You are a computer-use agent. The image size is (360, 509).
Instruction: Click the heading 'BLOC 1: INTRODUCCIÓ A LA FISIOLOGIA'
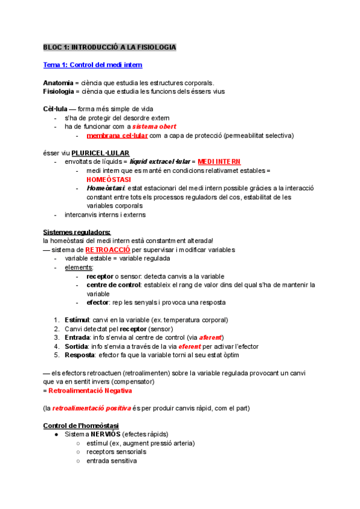tap(109, 47)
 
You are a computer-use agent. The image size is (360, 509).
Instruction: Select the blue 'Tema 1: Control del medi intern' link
tap(92, 65)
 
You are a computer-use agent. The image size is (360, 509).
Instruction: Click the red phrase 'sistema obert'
tap(154, 127)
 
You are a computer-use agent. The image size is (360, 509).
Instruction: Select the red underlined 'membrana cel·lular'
tap(114, 136)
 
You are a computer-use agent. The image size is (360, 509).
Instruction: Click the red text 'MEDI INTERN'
tap(218, 161)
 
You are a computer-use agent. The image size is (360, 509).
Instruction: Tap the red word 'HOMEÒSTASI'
tap(110, 179)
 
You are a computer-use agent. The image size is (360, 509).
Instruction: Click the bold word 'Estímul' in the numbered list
tap(77, 320)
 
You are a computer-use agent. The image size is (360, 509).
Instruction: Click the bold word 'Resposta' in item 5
tap(80, 355)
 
